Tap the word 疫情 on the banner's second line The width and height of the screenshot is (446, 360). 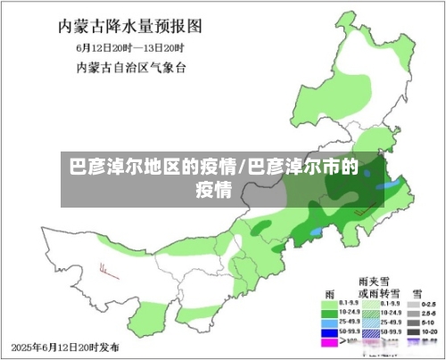pos(214,189)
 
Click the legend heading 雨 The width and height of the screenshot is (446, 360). pos(329,292)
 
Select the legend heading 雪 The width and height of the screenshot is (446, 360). pos(416,292)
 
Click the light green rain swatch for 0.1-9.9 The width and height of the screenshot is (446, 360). pos(329,303)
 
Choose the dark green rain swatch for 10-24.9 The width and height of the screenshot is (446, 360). pos(329,313)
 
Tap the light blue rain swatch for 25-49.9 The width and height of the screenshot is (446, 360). pos(329,323)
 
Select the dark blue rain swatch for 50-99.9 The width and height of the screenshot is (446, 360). pos(329,332)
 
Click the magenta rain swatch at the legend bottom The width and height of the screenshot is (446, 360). pos(329,342)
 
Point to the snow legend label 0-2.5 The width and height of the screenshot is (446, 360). pos(430,303)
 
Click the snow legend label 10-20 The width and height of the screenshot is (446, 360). pos(430,332)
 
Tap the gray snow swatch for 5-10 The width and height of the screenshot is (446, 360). pos(411,323)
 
